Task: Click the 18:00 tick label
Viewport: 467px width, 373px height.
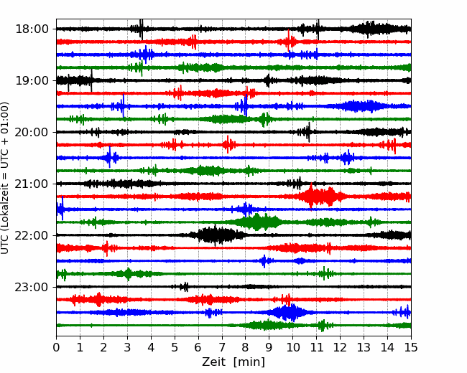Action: pos(32,29)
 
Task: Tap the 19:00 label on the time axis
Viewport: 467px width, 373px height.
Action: pos(32,80)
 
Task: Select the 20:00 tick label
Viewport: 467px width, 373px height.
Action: pos(32,132)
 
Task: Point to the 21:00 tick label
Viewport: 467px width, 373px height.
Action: pos(32,184)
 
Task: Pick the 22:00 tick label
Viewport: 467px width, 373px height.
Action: pos(32,235)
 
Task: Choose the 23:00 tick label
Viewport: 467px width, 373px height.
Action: pos(32,287)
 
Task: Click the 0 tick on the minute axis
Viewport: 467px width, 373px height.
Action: pos(56,347)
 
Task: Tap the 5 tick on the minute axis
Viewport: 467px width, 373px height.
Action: pos(175,347)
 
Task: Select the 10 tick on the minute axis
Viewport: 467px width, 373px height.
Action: pos(292,347)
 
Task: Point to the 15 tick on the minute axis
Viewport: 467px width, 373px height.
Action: pos(411,347)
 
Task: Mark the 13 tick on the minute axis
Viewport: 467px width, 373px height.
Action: pos(364,347)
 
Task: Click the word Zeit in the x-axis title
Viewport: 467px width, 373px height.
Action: pos(214,362)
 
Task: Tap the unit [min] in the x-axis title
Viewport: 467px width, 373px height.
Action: pos(249,362)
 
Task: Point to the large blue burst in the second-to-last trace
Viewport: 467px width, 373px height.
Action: pos(288,312)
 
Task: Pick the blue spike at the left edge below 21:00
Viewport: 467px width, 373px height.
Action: pos(60,209)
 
